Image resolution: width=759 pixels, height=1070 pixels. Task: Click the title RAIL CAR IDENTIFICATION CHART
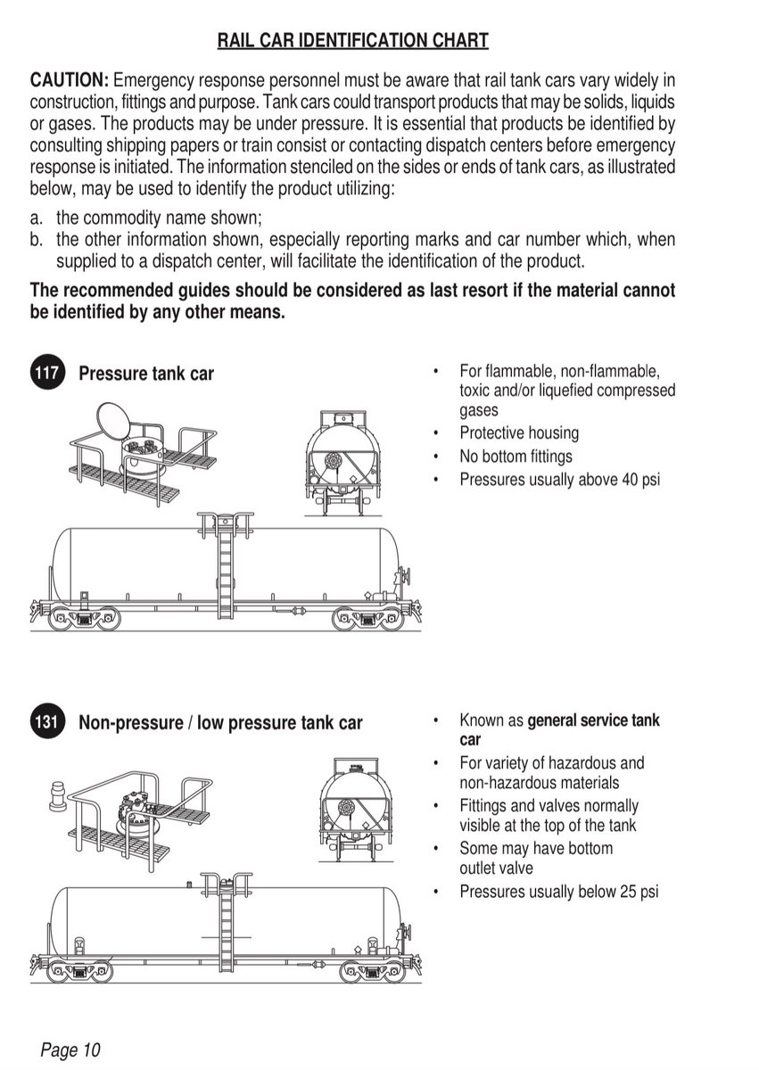coord(353,40)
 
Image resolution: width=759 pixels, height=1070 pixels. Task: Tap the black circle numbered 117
coord(46,372)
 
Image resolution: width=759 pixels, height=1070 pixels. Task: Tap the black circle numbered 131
coord(46,721)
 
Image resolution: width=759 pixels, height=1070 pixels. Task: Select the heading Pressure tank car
coord(146,373)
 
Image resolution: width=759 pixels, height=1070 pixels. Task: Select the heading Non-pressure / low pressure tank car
coord(220,722)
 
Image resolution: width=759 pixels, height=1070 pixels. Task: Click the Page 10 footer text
coord(70,1049)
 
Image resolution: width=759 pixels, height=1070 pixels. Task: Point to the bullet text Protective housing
coord(519,433)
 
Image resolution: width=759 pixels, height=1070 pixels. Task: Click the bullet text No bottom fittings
coord(516,457)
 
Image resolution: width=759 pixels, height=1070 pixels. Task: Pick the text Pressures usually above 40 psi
coord(560,480)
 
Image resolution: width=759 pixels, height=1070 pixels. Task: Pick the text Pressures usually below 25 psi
coord(558,891)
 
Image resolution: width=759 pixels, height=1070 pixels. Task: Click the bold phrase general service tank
coord(593,720)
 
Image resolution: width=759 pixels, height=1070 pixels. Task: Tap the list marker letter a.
coord(36,218)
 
